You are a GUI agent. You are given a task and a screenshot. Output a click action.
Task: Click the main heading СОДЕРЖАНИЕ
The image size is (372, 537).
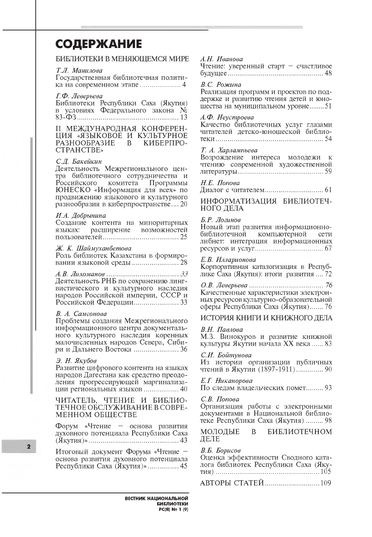point(99,44)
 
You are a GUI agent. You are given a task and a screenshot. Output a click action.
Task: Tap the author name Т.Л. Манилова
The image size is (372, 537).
point(79,70)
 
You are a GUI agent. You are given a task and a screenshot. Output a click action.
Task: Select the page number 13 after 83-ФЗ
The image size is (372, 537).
point(184,118)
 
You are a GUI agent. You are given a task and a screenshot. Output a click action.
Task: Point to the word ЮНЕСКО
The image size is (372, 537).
point(70,190)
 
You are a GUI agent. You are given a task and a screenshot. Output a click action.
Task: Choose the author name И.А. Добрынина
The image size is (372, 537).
point(81,216)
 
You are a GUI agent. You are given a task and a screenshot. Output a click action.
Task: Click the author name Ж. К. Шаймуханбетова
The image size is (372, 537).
point(93,248)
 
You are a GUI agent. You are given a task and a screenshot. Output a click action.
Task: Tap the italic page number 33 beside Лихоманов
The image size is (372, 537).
point(184,274)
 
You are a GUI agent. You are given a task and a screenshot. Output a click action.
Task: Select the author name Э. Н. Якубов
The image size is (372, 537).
point(76,360)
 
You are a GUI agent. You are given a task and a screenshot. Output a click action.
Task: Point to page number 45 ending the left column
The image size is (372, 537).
point(184,466)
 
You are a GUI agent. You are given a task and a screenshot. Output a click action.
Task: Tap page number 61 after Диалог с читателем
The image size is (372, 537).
point(328,190)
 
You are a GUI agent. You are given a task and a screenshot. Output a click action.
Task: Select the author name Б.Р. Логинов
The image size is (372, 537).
point(220,220)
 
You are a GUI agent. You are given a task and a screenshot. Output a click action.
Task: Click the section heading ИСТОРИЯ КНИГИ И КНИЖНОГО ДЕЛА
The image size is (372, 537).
point(266,318)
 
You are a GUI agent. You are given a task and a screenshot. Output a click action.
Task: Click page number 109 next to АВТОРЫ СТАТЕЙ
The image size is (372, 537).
point(326,483)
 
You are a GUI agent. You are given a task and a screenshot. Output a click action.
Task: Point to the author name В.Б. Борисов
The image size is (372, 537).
point(220,450)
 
